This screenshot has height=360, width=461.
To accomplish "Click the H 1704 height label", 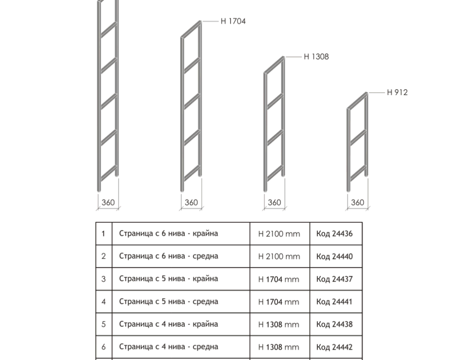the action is pyautogui.click(x=233, y=21).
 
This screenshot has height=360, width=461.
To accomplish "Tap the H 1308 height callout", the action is pyautogui.click(x=316, y=57).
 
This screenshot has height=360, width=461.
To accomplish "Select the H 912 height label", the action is pyautogui.click(x=397, y=92).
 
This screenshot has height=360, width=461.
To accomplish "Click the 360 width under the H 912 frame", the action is pyautogui.click(x=357, y=203).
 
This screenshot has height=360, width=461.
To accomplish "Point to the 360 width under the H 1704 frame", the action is pyautogui.click(x=191, y=203).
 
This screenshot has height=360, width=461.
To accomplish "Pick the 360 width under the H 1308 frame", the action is pyautogui.click(x=274, y=203).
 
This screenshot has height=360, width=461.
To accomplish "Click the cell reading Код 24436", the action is pyautogui.click(x=336, y=234).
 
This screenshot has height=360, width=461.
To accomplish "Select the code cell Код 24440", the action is pyautogui.click(x=336, y=256).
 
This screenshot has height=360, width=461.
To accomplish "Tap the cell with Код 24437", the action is pyautogui.click(x=336, y=279).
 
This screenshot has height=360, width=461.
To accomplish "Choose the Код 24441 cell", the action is pyautogui.click(x=336, y=301).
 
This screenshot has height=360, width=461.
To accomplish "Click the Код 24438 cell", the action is pyautogui.click(x=336, y=324).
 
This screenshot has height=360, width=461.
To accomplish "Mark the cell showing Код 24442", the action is pyautogui.click(x=336, y=347).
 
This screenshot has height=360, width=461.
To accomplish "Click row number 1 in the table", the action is pyautogui.click(x=103, y=234).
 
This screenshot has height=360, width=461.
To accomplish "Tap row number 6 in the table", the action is pyautogui.click(x=104, y=347).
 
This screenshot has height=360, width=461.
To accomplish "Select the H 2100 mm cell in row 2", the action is pyautogui.click(x=279, y=256).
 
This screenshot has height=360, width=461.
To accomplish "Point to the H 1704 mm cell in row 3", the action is pyautogui.click(x=279, y=279).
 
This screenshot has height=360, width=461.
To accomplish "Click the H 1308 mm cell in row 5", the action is pyautogui.click(x=279, y=324).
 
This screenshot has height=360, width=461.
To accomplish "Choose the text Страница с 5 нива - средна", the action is pyautogui.click(x=169, y=301).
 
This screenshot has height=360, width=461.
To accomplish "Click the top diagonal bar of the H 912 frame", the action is pyautogui.click(x=357, y=101).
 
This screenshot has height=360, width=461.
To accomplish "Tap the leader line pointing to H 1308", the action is pyautogui.click(x=293, y=57).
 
